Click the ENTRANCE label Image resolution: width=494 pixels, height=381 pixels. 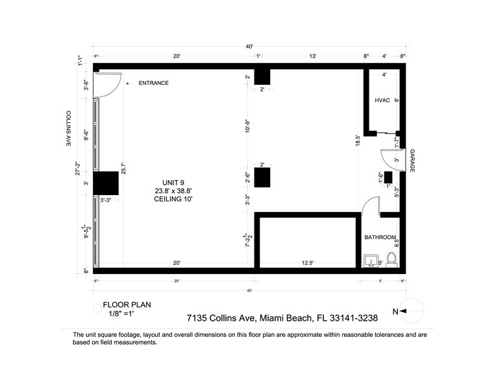coord(153,83)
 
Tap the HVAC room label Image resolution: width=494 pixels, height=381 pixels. coord(382,100)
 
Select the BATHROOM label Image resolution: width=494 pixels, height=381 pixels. coord(379,238)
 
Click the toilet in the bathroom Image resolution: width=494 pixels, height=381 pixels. coord(391,259)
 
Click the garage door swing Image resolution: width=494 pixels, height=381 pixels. coord(391,159)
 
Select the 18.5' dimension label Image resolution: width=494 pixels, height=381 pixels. coord(358,141)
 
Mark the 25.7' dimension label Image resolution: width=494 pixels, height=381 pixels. coord(123,168)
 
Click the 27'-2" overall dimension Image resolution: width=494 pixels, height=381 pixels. coord(77,168)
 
